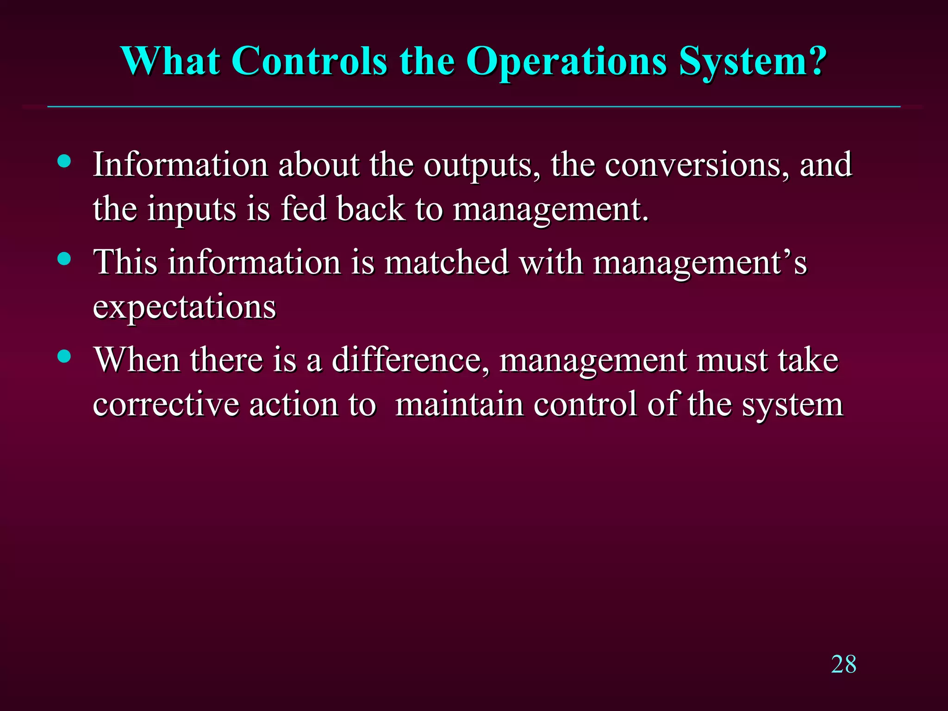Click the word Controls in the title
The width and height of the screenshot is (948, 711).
pyautogui.click(x=309, y=61)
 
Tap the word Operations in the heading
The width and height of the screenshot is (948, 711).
pyautogui.click(x=566, y=62)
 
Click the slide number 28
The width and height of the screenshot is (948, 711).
pyautogui.click(x=843, y=664)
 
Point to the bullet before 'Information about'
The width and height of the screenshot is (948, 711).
pyautogui.click(x=65, y=161)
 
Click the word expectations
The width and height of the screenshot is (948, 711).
pyautogui.click(x=184, y=307)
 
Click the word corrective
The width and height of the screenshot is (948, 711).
pyautogui.click(x=166, y=405)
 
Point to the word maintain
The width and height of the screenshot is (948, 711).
pyautogui.click(x=459, y=405)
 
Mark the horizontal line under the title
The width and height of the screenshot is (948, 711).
pyautogui.click(x=474, y=107)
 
